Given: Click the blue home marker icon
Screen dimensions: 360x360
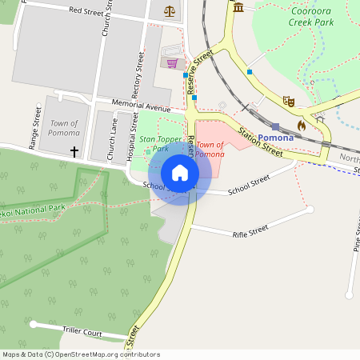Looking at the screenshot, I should tap(180, 173).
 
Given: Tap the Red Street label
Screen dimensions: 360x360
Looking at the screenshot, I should tap(86, 10).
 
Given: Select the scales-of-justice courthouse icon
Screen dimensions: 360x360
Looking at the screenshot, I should tap(169, 11).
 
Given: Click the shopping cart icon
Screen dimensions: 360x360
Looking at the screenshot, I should tap(171, 62).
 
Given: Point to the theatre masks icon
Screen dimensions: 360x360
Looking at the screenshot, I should tap(289, 101).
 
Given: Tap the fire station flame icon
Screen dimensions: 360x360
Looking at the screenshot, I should tap(302, 125).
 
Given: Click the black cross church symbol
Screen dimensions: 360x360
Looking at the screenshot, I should tap(74, 151).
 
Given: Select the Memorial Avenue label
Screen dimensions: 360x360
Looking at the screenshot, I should tap(142, 106).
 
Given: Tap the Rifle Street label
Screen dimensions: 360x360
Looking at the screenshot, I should tap(250, 232).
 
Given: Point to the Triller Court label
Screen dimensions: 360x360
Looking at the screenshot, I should tap(82, 330).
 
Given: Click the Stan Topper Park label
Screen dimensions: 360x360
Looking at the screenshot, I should tap(154, 143).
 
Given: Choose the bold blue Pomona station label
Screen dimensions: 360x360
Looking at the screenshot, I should tap(275, 138).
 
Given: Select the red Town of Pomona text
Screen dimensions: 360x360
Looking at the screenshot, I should tap(210, 149).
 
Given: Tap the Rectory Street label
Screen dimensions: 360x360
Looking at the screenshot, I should tap(137, 75).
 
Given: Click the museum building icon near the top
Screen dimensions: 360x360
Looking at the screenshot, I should tap(239, 8).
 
